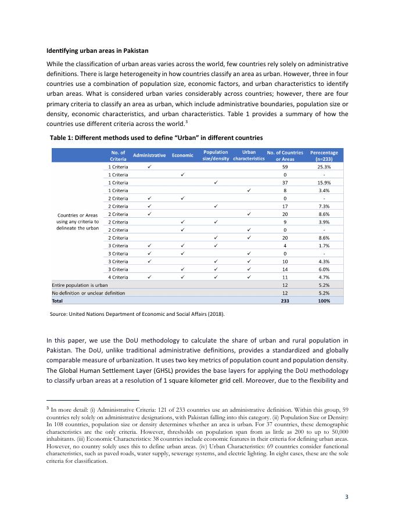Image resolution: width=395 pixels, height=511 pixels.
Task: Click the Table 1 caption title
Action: point(156,138)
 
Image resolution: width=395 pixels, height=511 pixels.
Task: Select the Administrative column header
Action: point(150,156)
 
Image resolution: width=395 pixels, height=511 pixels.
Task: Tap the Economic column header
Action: point(182,156)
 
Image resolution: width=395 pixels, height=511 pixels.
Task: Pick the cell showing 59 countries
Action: point(285,167)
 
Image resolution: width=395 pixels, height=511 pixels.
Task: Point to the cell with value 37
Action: point(285,182)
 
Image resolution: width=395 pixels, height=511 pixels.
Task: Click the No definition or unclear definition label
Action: point(88,294)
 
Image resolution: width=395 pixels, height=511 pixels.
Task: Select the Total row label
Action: point(58,301)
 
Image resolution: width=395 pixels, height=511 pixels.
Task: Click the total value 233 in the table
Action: point(285,301)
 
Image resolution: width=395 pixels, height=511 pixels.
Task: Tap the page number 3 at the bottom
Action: point(346,497)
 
